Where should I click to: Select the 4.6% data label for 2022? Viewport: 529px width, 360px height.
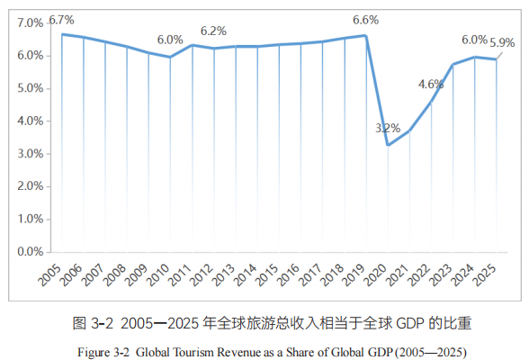431,85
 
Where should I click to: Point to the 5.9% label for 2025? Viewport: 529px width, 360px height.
502,42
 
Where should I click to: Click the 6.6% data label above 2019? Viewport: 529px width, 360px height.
365,19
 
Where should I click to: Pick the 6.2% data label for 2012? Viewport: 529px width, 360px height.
213,31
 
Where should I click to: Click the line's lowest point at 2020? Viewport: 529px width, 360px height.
388,145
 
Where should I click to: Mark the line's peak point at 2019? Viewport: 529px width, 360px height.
365,36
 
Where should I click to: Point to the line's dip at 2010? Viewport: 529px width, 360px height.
170,57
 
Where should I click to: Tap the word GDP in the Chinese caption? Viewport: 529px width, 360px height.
410,322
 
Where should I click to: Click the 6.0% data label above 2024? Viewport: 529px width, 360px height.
474,40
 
